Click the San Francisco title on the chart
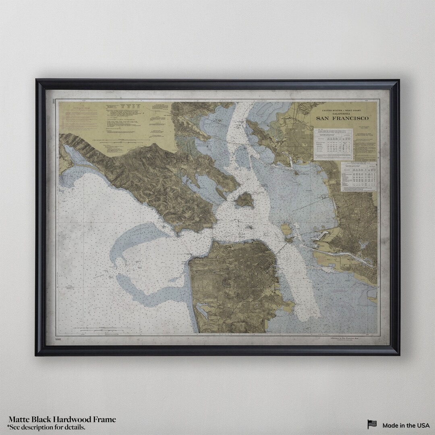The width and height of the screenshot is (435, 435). (342, 118)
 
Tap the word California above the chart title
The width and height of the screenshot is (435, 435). (342, 113)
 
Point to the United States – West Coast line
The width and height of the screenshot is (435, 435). (342, 110)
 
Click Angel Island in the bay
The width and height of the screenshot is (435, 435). (244, 199)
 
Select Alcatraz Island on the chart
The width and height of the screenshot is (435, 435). (249, 227)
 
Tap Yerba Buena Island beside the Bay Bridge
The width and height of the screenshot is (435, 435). (290, 239)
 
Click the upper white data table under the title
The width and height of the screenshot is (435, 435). (333, 144)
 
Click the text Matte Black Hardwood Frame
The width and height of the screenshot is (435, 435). (62, 420)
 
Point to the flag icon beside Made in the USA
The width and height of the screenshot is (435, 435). (372, 425)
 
